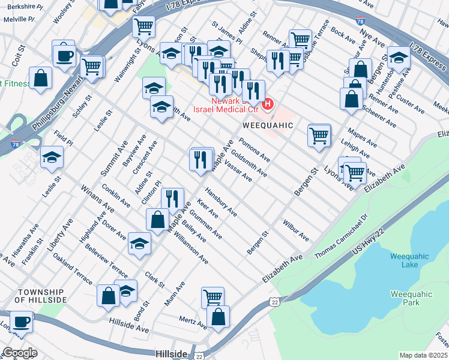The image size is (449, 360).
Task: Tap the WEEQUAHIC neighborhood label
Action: [x=268, y=125]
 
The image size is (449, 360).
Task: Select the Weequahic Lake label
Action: [x=409, y=260]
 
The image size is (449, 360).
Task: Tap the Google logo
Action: [x=19, y=353]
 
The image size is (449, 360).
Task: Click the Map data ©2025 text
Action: [x=423, y=355]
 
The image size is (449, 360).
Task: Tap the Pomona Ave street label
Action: [x=254, y=151]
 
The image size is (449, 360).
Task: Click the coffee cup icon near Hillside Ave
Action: [x=21, y=321]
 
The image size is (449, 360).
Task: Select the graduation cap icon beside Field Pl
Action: [x=52, y=157]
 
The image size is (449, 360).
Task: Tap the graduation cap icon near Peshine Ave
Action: [x=398, y=58]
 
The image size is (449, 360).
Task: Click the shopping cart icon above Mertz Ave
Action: [x=212, y=296]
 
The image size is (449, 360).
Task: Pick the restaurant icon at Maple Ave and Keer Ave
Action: [x=172, y=199]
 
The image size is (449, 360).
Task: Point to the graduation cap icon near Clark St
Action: [x=139, y=243]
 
